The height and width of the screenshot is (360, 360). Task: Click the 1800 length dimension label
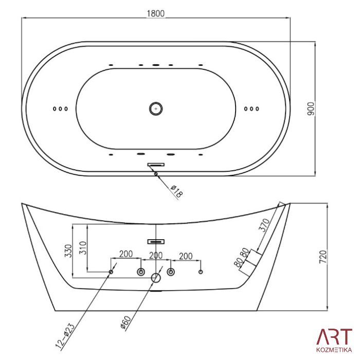pyautogui.click(x=156, y=13)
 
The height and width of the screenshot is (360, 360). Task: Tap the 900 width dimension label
pyautogui.click(x=311, y=109)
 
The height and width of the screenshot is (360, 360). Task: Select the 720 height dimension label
pyautogui.click(x=323, y=257)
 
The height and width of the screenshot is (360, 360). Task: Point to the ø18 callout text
pyautogui.click(x=176, y=191)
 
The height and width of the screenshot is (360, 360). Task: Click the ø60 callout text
pyautogui.click(x=126, y=323)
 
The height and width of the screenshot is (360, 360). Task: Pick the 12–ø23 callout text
pyautogui.click(x=65, y=336)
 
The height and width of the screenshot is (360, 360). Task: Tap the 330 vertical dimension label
pyautogui.click(x=68, y=251)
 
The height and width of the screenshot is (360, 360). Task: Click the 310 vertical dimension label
pyautogui.click(x=83, y=248)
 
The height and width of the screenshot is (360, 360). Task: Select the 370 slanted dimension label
pyautogui.click(x=264, y=225)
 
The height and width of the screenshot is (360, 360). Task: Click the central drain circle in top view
pyautogui.click(x=156, y=109)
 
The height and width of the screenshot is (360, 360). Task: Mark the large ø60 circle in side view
pyautogui.click(x=156, y=278)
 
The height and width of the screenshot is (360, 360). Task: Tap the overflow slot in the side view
pyautogui.click(x=156, y=242)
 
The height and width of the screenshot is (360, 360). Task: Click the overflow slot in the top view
pyautogui.click(x=156, y=165)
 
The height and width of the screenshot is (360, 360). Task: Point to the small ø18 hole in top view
pyautogui.click(x=156, y=174)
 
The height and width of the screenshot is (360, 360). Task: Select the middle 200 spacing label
pyautogui.click(x=156, y=255)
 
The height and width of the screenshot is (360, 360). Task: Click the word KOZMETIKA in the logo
pyautogui.click(x=334, y=350)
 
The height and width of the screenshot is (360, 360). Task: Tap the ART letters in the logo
pyautogui.click(x=334, y=337)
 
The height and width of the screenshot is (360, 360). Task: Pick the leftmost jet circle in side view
pyautogui.click(x=111, y=272)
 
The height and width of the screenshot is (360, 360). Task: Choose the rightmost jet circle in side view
pyautogui.click(x=201, y=272)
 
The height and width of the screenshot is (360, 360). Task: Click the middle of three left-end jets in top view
pyautogui.click(x=60, y=109)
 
